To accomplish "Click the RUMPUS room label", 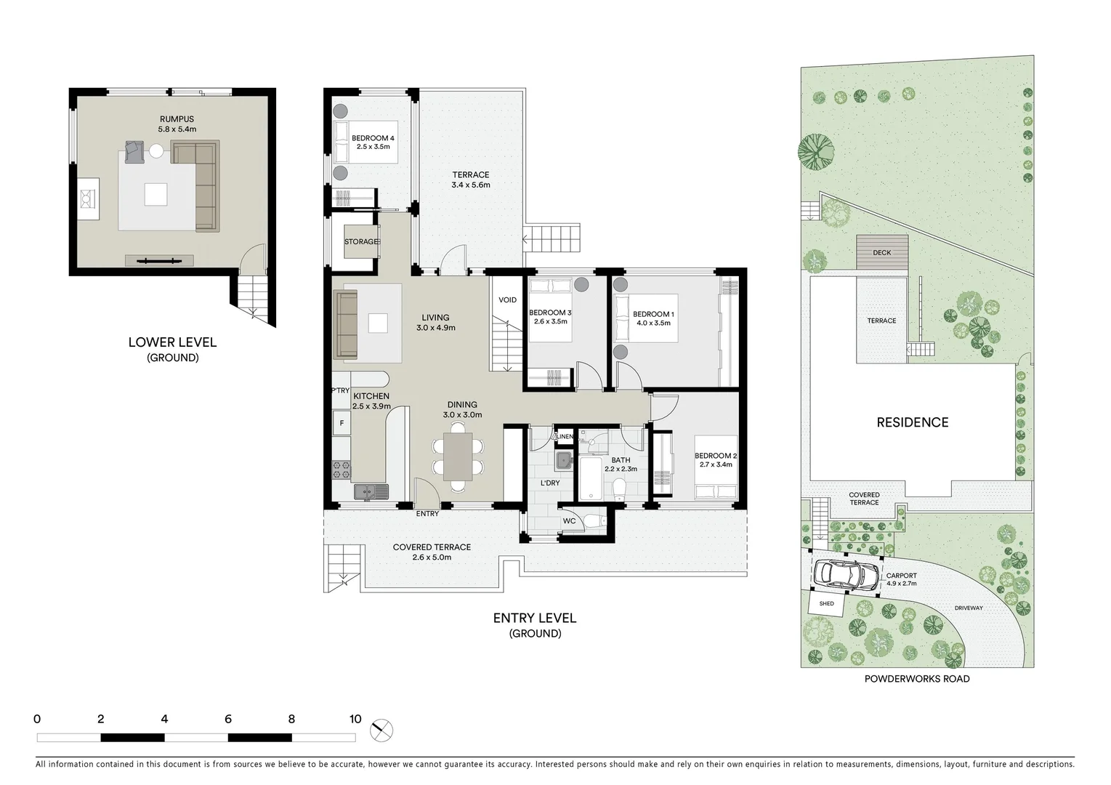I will click(x=177, y=119).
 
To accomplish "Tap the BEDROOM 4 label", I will click(x=373, y=138).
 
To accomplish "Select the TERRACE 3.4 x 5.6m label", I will click(x=471, y=174).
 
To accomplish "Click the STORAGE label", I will click(x=361, y=242).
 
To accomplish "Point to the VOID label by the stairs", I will click(x=507, y=300).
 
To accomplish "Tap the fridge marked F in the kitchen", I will click(x=341, y=422).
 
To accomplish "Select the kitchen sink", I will click(x=371, y=492).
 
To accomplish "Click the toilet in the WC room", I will click(x=594, y=521).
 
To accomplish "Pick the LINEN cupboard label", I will click(x=565, y=437).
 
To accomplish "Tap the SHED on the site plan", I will click(x=826, y=603).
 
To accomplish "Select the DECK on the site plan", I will click(x=881, y=252).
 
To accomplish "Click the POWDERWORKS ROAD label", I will click(x=916, y=679).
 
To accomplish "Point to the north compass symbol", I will click(x=381, y=730).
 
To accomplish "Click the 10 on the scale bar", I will click(x=355, y=720).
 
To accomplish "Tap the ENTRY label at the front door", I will click(x=427, y=514).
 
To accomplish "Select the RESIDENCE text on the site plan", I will click(x=912, y=422).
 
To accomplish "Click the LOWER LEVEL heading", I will click(x=172, y=342).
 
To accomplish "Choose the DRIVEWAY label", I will click(x=968, y=608).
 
